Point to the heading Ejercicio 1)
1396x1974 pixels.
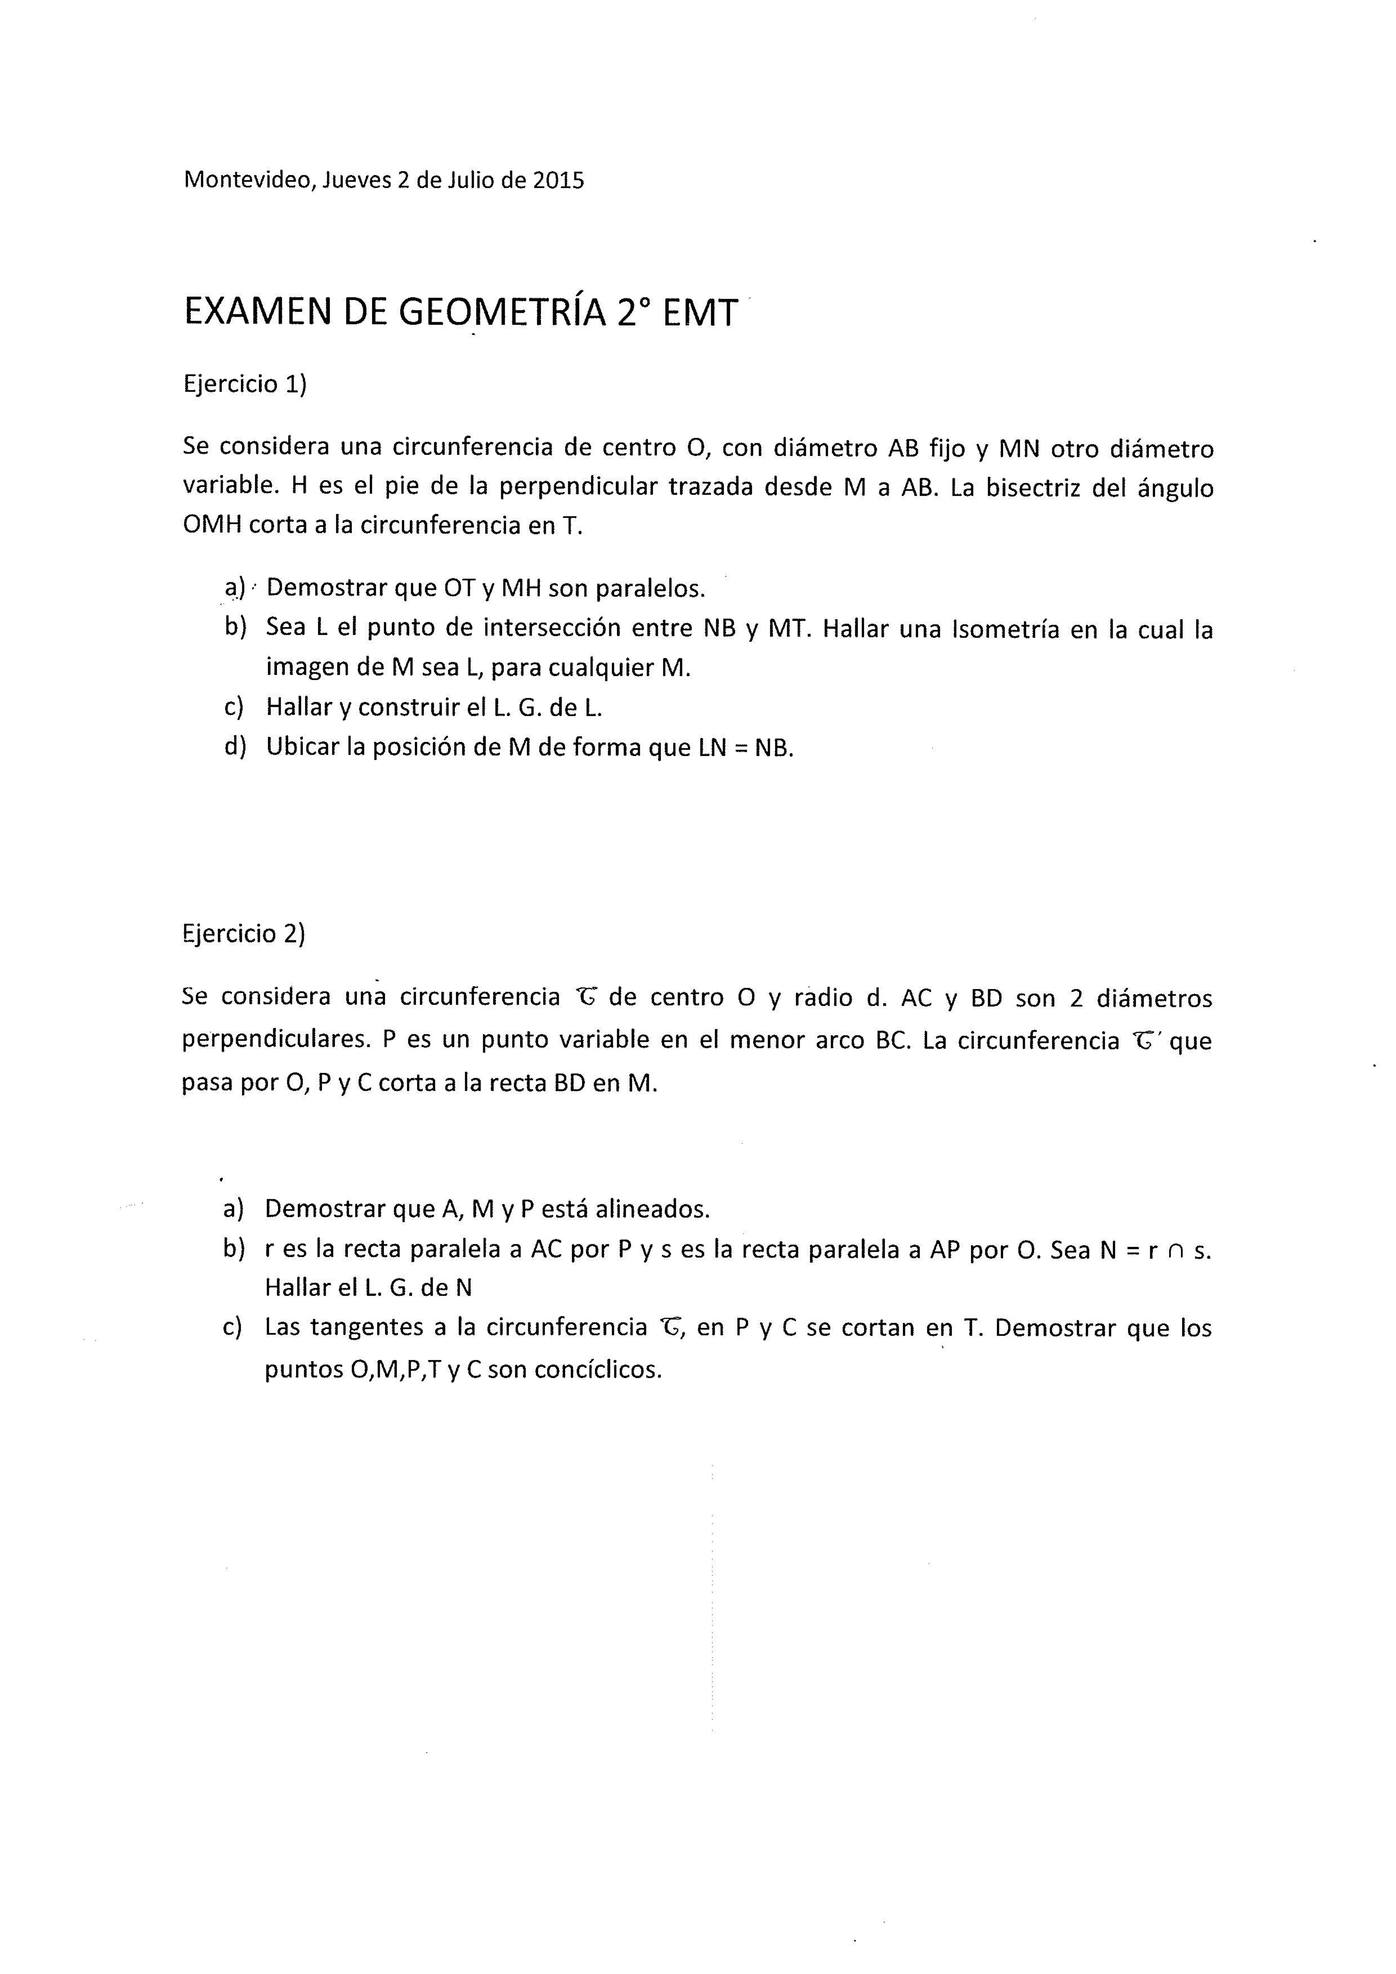(x=245, y=384)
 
